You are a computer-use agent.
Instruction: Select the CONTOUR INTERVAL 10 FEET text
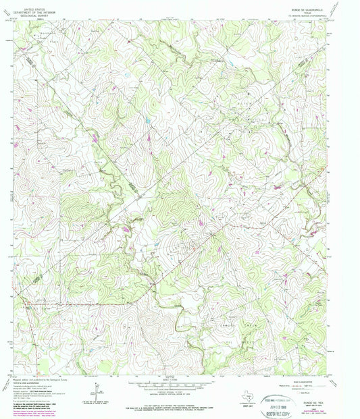pyautogui.click(x=178, y=390)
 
